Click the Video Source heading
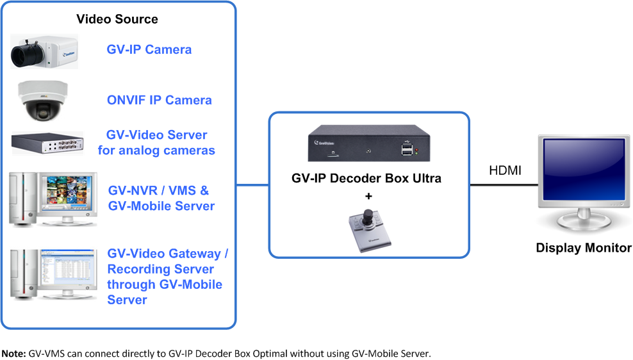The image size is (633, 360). [x=117, y=19]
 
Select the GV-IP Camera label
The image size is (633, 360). [x=149, y=49]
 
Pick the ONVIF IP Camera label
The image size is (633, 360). [x=159, y=100]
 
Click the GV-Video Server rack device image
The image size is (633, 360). [x=47, y=142]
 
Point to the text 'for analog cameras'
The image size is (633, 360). [x=156, y=151]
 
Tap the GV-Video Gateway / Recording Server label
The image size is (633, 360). [x=167, y=261]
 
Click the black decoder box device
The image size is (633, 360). [x=368, y=144]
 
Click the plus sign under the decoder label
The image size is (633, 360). [x=368, y=195]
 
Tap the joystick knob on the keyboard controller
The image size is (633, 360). [x=368, y=213]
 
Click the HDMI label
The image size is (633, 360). [x=505, y=170]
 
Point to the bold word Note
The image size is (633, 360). [x=13, y=353]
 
